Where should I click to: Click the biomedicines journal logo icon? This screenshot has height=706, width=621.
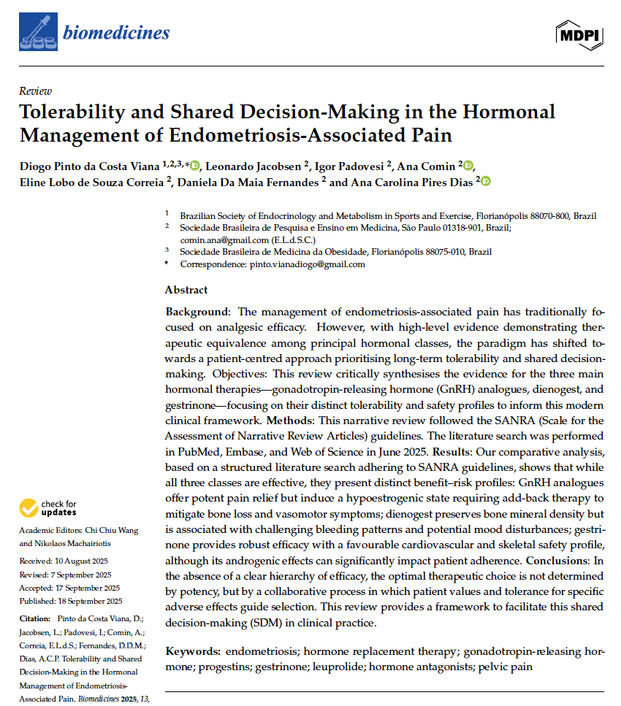pyautogui.click(x=37, y=31)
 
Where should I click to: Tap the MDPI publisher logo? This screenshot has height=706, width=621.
pyautogui.click(x=580, y=32)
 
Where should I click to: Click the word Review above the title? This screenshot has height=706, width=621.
pyautogui.click(x=35, y=91)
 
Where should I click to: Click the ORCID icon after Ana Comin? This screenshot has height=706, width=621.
pyautogui.click(x=468, y=166)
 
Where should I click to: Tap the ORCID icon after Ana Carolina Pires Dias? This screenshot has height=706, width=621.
pyautogui.click(x=485, y=182)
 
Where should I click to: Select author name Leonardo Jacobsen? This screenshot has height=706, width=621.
pyautogui.click(x=253, y=166)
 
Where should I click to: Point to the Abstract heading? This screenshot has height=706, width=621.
pyautogui.click(x=186, y=290)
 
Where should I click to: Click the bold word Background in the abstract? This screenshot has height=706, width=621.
pyautogui.click(x=196, y=311)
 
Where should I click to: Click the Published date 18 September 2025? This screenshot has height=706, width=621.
pyautogui.click(x=75, y=602)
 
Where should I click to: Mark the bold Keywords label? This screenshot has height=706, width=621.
pyautogui.click(x=192, y=650)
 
